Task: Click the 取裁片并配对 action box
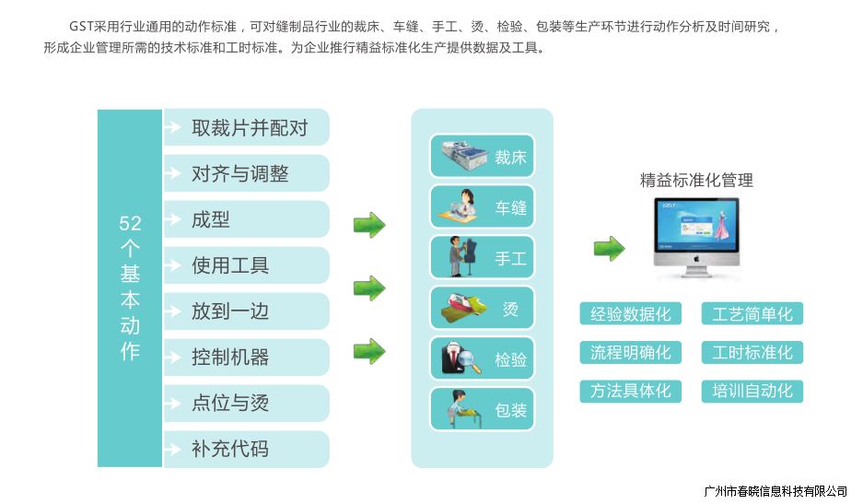246,127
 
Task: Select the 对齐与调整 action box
246,173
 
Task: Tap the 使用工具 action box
246,265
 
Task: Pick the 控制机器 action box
246,357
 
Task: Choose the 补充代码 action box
246,450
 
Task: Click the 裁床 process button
482,157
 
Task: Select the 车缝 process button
482,207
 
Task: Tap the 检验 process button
482,359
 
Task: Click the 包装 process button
482,409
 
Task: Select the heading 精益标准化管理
696,181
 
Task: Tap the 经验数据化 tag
631,314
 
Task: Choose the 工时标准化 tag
752,353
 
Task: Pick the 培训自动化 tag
752,391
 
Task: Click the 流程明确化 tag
631,353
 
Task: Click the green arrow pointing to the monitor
609,248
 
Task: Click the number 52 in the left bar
130,223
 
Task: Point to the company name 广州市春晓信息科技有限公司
775,490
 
